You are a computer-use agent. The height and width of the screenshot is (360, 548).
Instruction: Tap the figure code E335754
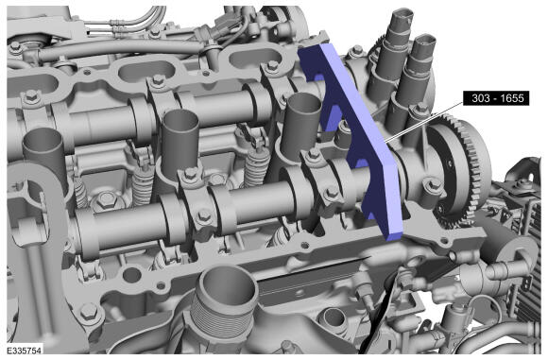click(25, 351)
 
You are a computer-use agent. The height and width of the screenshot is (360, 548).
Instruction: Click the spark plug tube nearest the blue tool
click(300, 126)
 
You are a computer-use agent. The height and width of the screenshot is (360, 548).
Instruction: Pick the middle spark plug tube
click(180, 140)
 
